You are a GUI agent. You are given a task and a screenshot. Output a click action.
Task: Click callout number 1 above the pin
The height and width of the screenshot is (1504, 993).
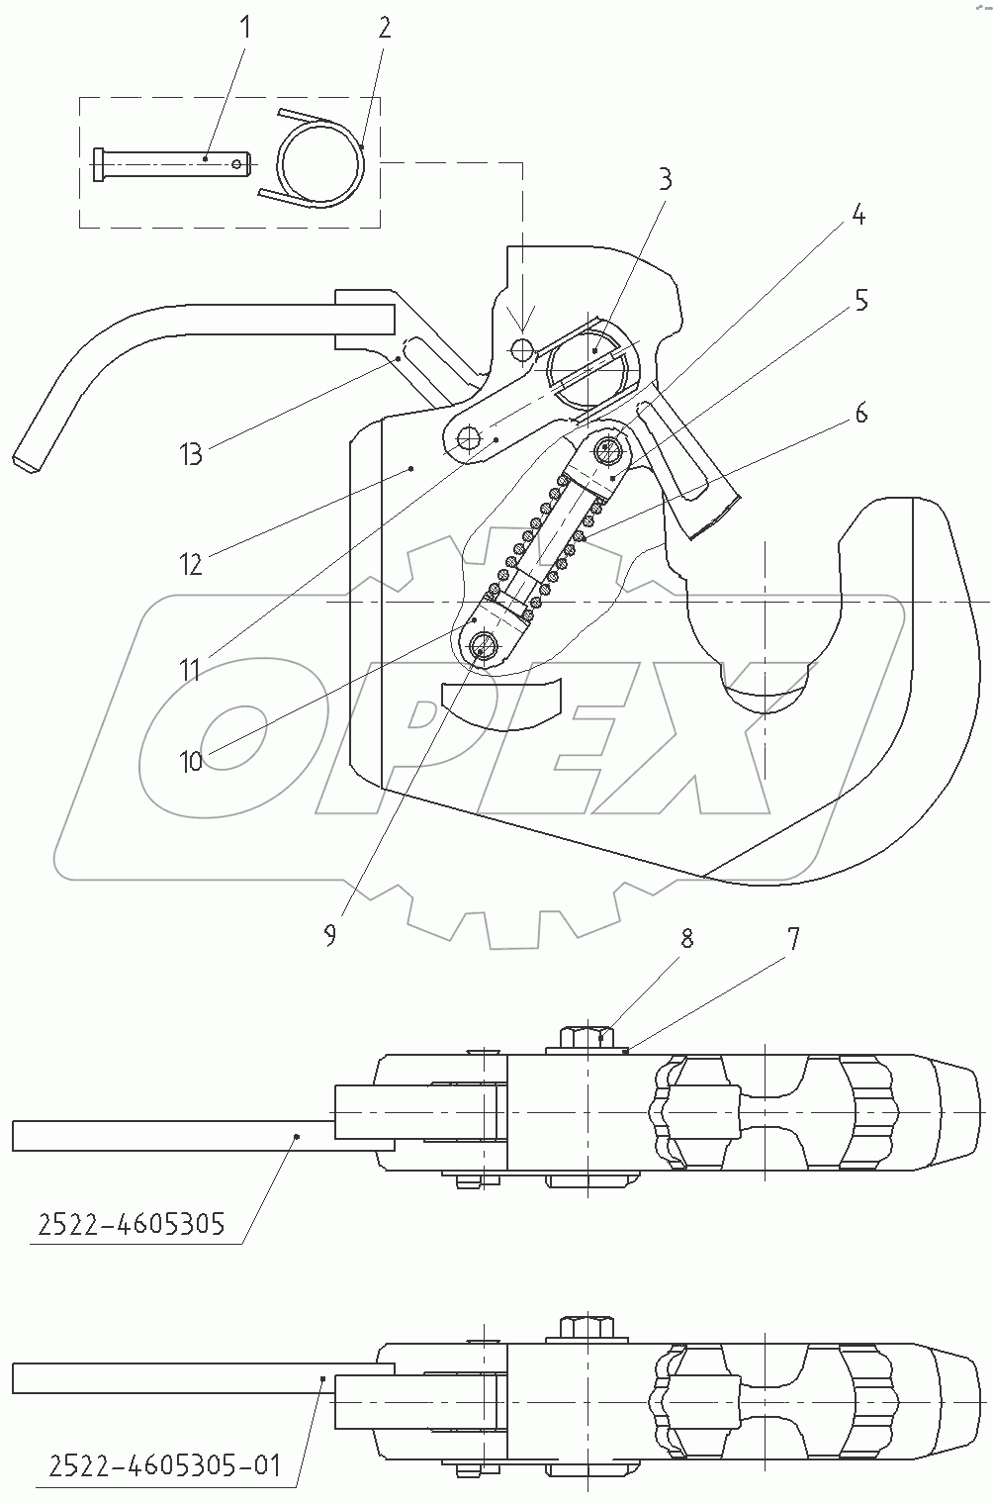pyautogui.click(x=245, y=27)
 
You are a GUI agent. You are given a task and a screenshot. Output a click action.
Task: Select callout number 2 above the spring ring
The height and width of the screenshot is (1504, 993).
pyautogui.click(x=384, y=27)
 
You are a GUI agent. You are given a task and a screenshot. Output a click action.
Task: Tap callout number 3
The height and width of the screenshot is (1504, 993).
pyautogui.click(x=665, y=179)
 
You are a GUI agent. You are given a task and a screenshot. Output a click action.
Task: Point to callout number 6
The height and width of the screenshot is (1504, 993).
pyautogui.click(x=861, y=413)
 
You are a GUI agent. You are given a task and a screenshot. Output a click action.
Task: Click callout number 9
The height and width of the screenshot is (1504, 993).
pyautogui.click(x=329, y=935)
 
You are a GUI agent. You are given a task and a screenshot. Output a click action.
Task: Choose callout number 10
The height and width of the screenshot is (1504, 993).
pyautogui.click(x=191, y=760)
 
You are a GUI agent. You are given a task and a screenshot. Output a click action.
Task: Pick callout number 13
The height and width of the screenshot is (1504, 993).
pyautogui.click(x=191, y=453)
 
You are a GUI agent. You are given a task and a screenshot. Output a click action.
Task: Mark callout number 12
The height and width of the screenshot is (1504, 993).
pyautogui.click(x=191, y=564)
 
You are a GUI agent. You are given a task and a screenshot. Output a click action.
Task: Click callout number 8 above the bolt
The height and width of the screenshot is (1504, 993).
pyautogui.click(x=685, y=937)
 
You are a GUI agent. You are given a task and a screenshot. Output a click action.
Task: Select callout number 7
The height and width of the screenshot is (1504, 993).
pyautogui.click(x=793, y=937)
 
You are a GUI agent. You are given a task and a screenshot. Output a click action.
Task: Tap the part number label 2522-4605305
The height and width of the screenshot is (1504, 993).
pyautogui.click(x=132, y=1224)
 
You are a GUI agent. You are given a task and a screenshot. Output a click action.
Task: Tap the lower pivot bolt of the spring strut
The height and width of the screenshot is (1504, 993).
pyautogui.click(x=483, y=647)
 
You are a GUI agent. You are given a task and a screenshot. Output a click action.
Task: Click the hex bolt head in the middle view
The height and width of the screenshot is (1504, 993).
pyautogui.click(x=587, y=1039)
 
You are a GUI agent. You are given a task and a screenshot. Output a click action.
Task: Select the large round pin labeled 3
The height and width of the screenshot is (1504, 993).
pyautogui.click(x=593, y=364)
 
